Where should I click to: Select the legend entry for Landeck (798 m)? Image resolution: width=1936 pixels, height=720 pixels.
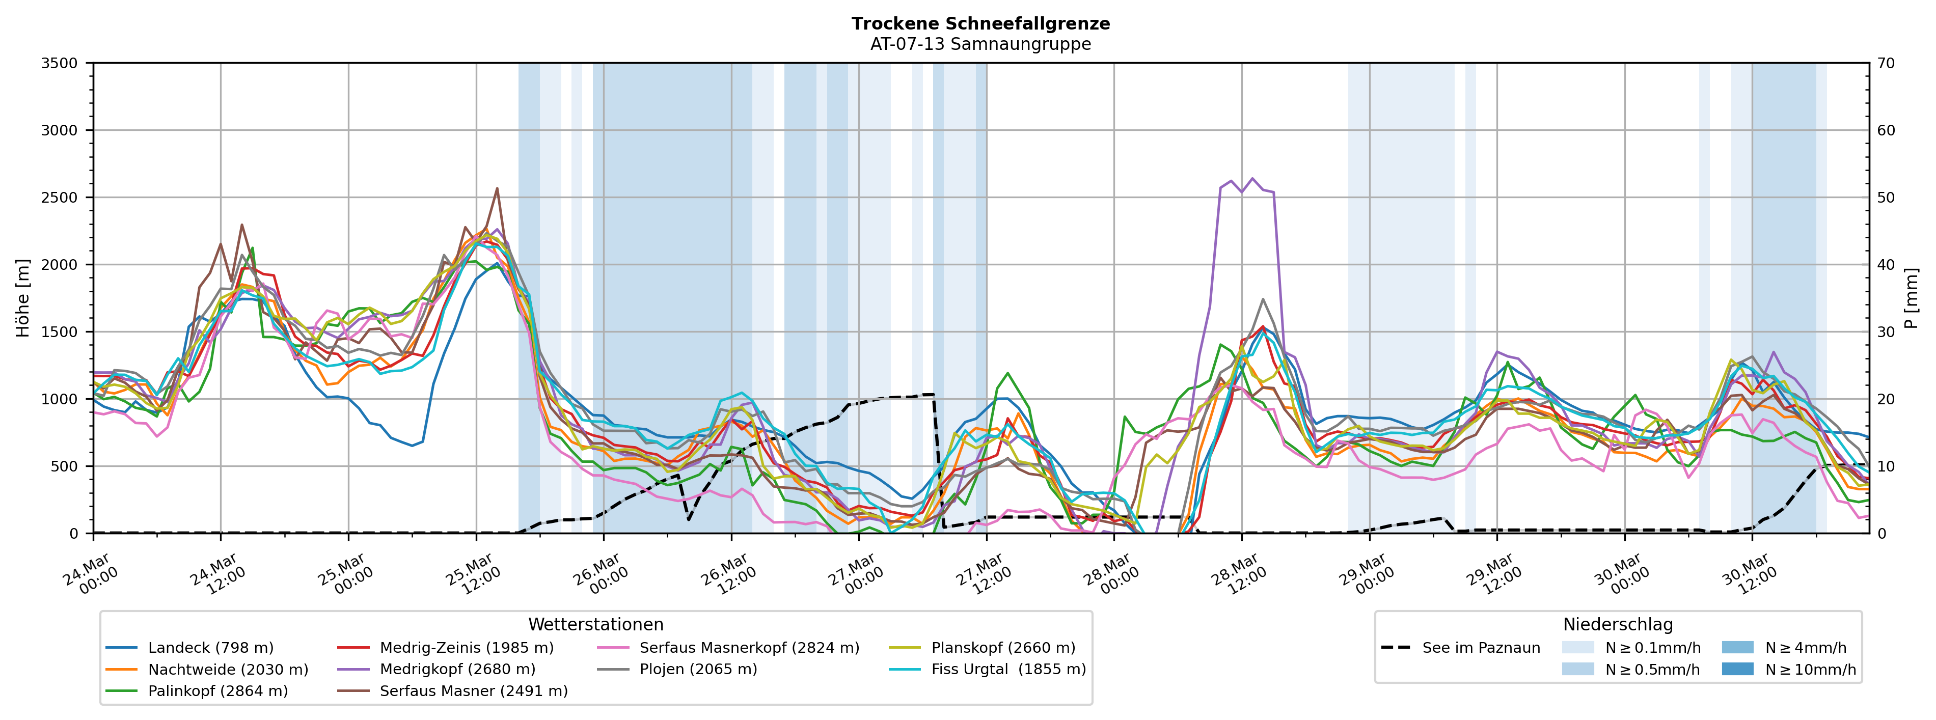pos(210,648)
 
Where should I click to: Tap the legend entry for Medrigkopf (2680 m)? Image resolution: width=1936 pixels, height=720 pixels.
pos(457,670)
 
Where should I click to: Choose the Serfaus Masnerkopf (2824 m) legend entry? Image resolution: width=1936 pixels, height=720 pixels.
pos(749,648)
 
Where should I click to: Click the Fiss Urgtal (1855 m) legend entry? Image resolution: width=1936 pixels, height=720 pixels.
pos(1008,670)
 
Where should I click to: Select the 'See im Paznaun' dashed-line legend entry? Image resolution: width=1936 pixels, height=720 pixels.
pos(1481,648)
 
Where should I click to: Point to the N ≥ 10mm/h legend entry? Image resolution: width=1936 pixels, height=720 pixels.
pos(1810,670)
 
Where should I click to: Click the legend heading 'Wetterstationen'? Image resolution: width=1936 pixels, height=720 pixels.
pos(595,625)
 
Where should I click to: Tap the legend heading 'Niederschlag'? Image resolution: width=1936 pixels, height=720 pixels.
pos(1617,625)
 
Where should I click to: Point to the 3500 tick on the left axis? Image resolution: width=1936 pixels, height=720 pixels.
pos(60,63)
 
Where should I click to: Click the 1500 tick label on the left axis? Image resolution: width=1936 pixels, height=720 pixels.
pos(60,332)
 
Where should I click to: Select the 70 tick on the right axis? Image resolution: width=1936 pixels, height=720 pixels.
pos(1886,63)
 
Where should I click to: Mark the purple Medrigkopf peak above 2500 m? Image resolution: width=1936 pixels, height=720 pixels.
pos(1252,179)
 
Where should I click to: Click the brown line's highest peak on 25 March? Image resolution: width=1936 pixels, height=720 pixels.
pos(497,188)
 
